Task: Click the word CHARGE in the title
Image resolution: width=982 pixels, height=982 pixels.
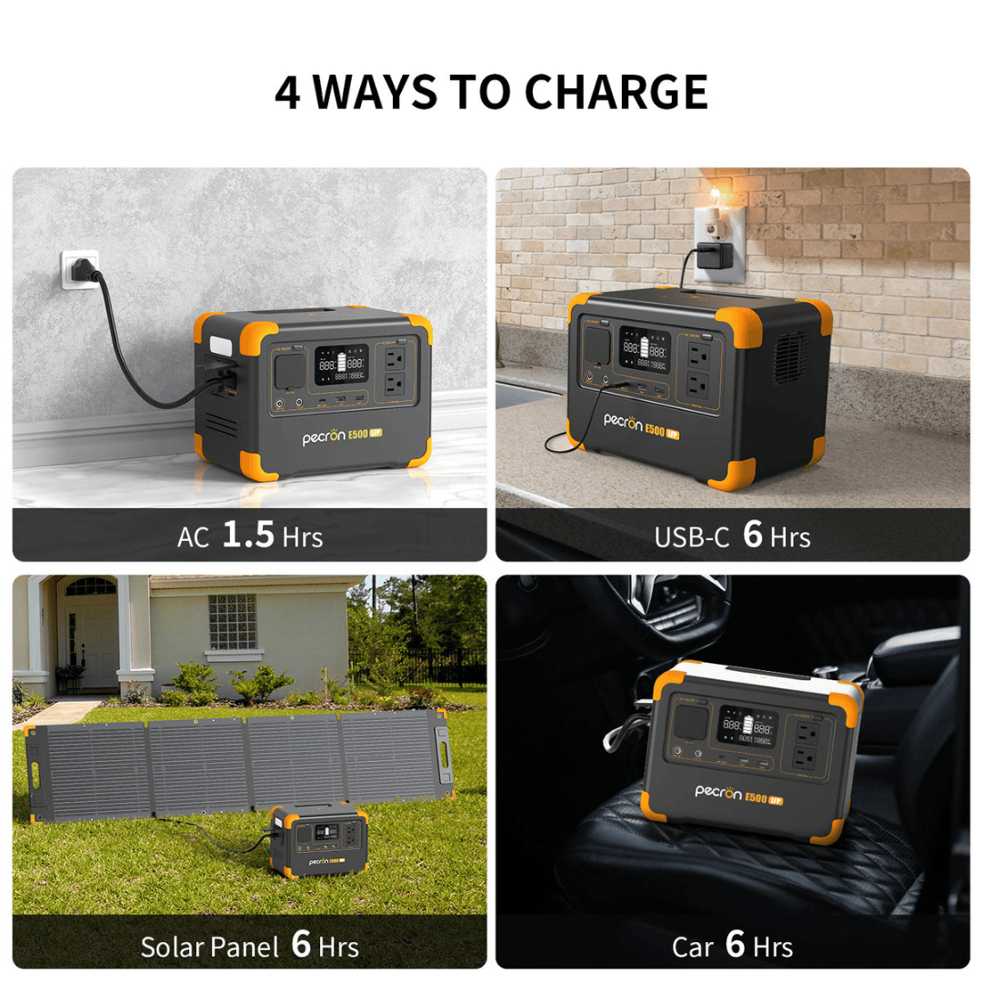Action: [x=616, y=92]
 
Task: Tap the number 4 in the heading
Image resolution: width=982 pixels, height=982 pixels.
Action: [x=288, y=92]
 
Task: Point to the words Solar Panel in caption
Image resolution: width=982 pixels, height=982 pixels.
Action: [x=209, y=947]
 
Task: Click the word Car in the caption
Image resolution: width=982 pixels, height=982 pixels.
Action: [x=692, y=947]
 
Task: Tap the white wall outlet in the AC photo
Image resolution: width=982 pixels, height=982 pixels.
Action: [x=80, y=270]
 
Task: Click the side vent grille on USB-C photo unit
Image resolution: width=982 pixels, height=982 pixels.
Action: [x=790, y=356]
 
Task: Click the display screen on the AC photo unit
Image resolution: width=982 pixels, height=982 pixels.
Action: [x=341, y=364]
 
